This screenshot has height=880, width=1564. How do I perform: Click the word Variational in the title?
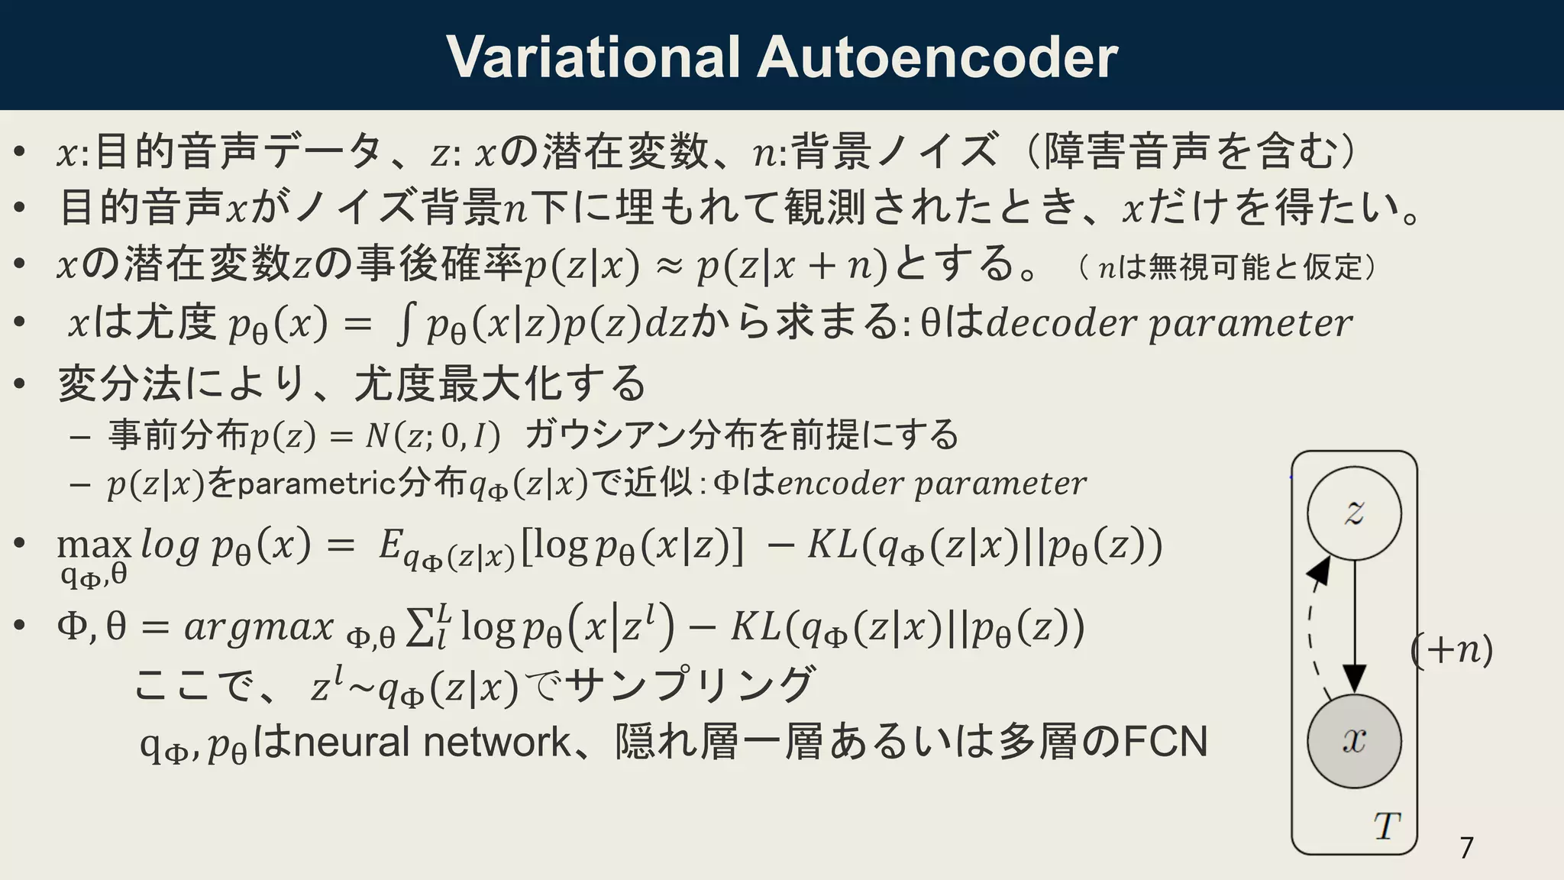593,57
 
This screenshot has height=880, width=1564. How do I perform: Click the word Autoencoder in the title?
937,57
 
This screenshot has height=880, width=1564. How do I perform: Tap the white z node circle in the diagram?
1354,513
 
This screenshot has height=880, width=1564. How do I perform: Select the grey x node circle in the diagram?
1354,740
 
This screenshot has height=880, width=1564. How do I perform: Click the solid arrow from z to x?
1355,626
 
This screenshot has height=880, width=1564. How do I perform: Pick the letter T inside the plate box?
1387,826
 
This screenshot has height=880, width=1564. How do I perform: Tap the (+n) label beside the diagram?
1451,650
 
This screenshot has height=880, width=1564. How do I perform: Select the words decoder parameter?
1168,323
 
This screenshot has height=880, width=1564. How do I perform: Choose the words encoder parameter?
932,484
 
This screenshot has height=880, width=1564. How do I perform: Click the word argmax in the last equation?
259,628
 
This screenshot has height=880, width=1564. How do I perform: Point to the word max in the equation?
94,545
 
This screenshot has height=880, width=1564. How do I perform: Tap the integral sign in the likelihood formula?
406,324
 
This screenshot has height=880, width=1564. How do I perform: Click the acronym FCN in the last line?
1165,742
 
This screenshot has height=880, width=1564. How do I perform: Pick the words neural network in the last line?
431,742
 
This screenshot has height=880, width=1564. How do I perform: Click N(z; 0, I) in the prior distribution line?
432,436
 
